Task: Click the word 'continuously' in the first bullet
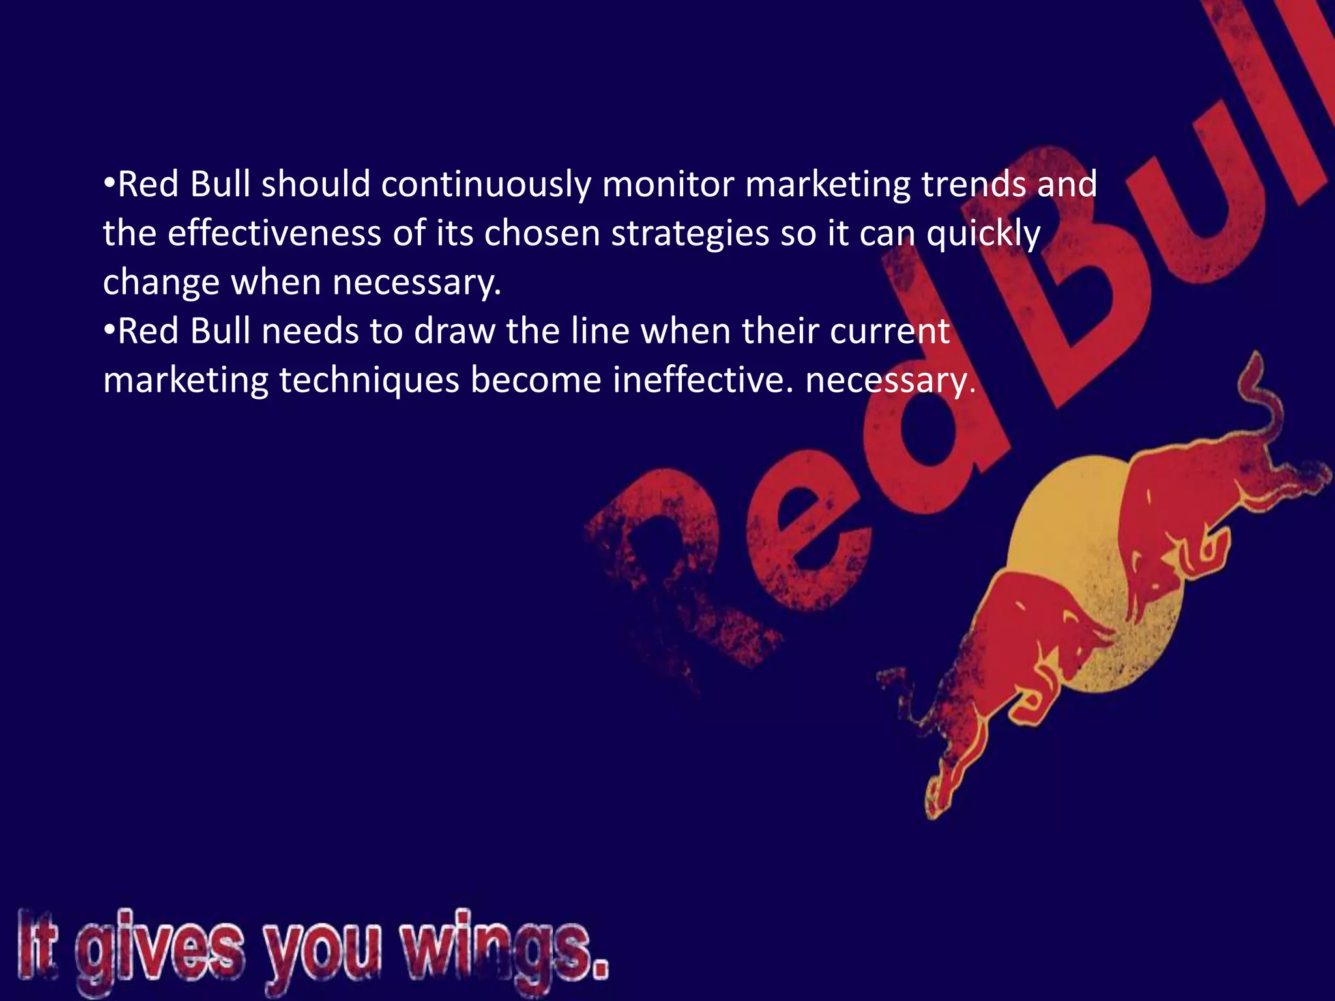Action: (x=486, y=185)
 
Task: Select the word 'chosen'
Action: (x=542, y=233)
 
